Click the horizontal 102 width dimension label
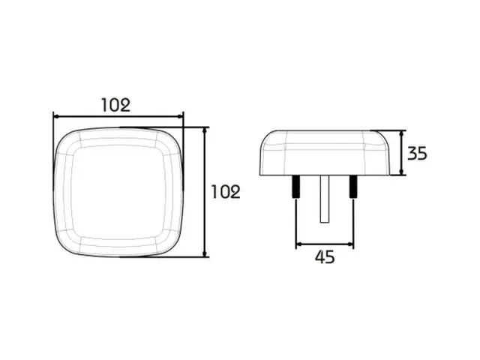(x=115, y=105)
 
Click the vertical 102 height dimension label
(x=226, y=192)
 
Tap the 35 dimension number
(x=417, y=153)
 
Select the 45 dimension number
(x=325, y=256)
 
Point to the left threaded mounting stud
(x=297, y=187)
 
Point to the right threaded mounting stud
(x=353, y=187)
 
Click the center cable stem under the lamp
(x=325, y=199)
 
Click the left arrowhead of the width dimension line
(x=56, y=117)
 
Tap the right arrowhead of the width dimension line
(x=180, y=117)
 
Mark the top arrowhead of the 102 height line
(x=205, y=130)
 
